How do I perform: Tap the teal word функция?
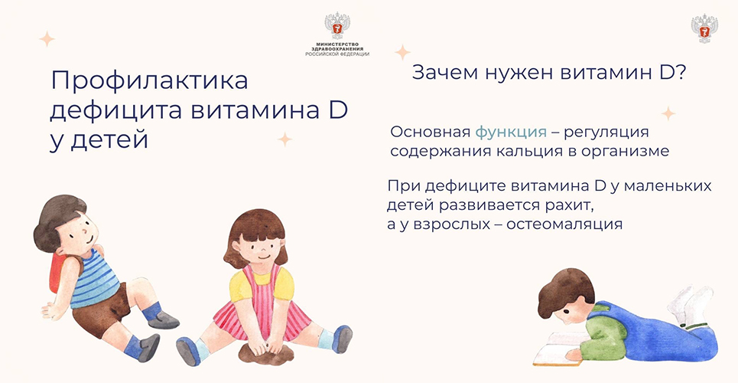[511, 133]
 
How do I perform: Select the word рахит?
[567, 206]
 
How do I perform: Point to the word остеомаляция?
[564, 224]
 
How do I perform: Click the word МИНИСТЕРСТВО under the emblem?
[337, 44]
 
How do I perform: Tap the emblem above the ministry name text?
[337, 26]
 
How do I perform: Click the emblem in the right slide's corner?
[704, 28]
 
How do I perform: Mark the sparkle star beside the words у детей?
[284, 139]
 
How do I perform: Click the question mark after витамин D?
[679, 73]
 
